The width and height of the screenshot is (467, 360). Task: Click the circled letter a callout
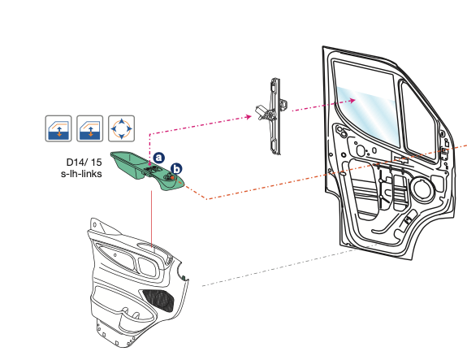point(160,156)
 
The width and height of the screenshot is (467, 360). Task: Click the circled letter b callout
point(176,168)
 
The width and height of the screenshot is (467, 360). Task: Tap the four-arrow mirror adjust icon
point(121,128)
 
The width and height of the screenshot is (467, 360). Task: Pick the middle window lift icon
point(89,128)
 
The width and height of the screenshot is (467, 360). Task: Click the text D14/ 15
point(84,163)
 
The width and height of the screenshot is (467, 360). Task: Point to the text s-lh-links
point(82,174)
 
